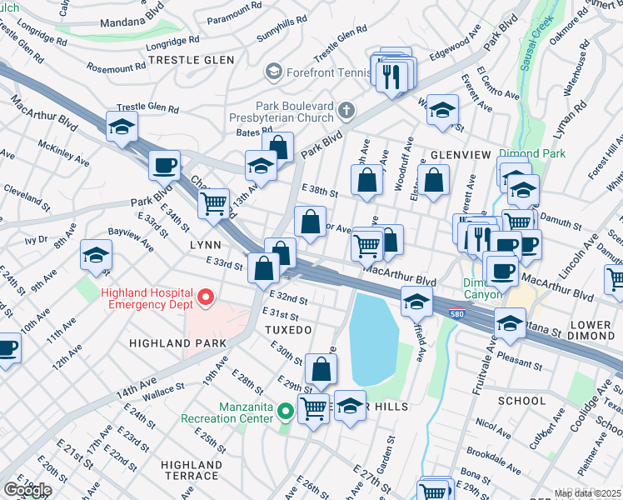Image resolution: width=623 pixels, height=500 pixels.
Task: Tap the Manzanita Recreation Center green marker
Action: [x=285, y=410]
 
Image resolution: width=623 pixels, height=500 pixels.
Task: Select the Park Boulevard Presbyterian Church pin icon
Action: [x=346, y=110]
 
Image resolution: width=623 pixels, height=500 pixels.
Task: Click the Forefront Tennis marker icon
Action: [x=272, y=72]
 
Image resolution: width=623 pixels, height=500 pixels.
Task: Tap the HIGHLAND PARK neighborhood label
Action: [x=178, y=343]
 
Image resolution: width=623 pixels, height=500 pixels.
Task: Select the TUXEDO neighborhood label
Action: [x=287, y=330]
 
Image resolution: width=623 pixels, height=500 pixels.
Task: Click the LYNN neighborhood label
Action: [x=205, y=245]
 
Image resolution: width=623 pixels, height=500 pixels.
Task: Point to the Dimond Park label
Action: [x=531, y=153]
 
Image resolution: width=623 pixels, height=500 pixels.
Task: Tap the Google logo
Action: [x=27, y=489]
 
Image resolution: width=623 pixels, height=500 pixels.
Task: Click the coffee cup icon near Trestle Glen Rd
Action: [x=164, y=165]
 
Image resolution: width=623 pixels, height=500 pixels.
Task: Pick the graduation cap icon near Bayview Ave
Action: [x=97, y=256]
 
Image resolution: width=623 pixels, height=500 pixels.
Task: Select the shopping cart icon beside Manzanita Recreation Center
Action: [x=314, y=409]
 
